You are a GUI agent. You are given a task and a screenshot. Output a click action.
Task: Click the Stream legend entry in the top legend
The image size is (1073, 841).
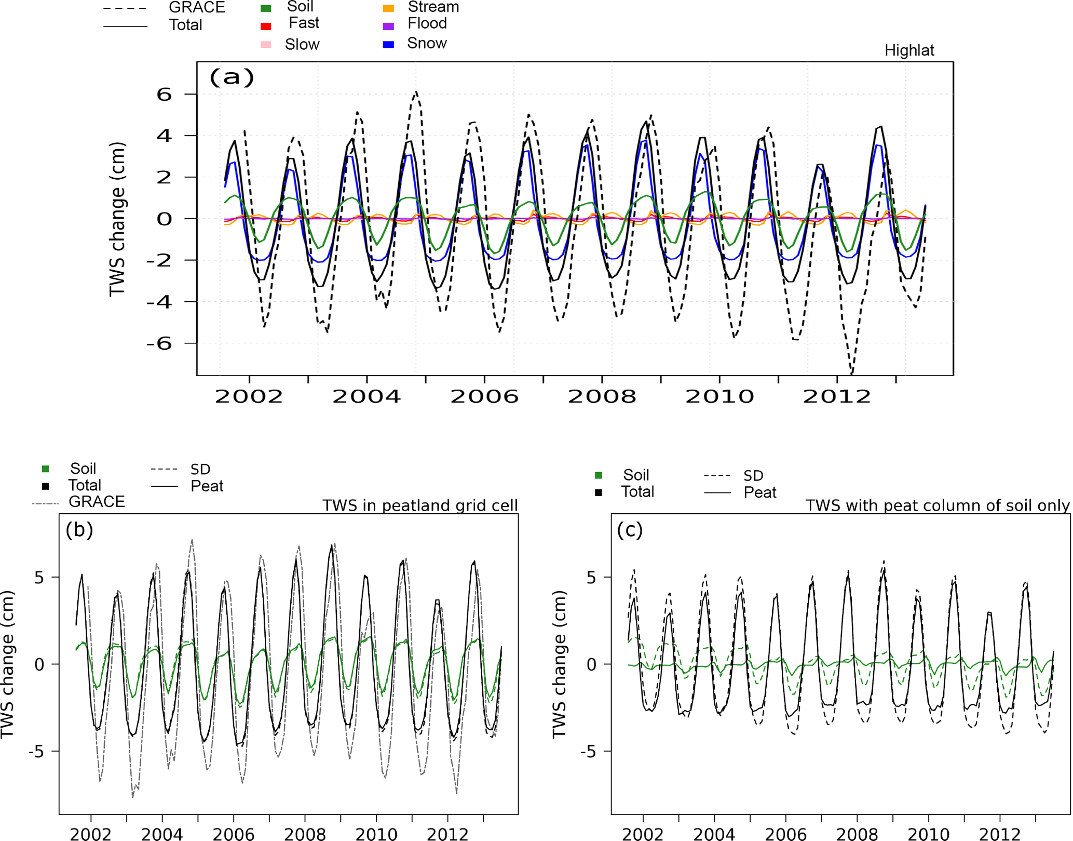pos(433,7)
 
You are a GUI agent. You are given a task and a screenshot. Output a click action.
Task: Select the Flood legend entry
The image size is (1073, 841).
pos(427,24)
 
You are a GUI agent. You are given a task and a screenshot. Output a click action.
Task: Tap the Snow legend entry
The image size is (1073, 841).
pos(427,44)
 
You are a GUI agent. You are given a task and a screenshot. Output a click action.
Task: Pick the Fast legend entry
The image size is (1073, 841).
pos(304,23)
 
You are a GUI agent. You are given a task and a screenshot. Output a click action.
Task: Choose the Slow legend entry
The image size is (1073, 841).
pos(302,45)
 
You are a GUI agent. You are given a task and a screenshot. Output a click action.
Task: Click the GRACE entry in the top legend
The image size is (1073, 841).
pos(197,7)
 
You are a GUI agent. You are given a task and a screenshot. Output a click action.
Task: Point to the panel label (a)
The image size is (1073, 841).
pos(232,77)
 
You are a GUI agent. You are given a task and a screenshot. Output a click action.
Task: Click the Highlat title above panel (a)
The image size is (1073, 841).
pos(909,50)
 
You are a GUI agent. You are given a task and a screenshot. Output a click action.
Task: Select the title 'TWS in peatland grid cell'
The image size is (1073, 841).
pos(420,505)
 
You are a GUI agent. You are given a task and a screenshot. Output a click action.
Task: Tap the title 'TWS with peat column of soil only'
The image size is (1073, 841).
pos(938,505)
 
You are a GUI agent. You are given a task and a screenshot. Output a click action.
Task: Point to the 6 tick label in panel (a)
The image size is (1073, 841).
pos(164,95)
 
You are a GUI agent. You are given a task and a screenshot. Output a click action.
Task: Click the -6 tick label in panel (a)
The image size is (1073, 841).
pos(159,343)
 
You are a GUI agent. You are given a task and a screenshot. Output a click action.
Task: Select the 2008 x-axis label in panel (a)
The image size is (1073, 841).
pos(602,397)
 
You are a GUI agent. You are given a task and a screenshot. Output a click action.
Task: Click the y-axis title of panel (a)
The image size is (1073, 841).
pos(118,219)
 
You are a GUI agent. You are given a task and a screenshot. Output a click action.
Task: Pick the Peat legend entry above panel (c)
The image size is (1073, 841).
pos(759,492)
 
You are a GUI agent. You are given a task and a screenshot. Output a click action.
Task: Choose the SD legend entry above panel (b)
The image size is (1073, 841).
pos(200,470)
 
